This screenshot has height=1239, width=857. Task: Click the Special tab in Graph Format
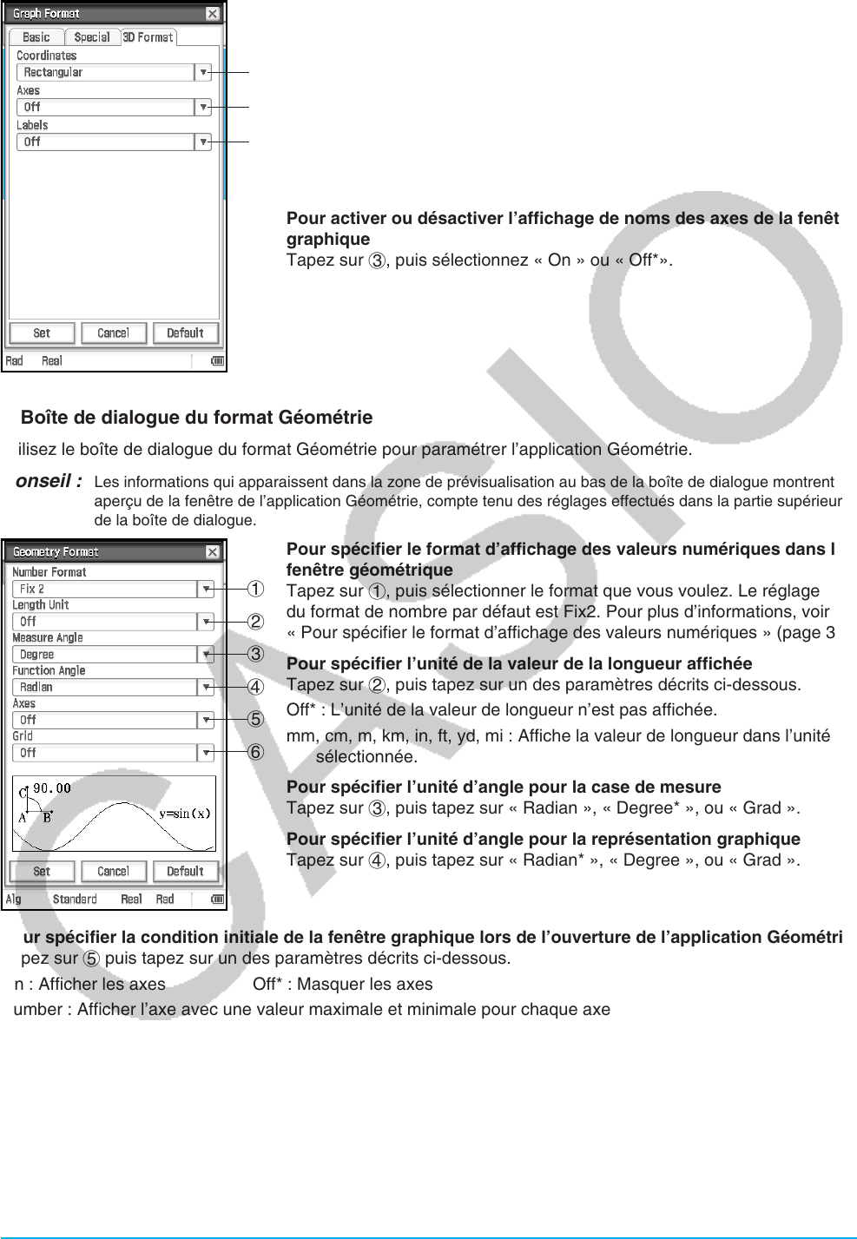[x=91, y=37]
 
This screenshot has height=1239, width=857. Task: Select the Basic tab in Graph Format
[x=36, y=37]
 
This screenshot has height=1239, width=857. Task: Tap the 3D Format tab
[x=148, y=37]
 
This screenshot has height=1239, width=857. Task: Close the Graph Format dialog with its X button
[x=212, y=14]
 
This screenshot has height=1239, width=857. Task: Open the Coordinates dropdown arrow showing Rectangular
[x=203, y=73]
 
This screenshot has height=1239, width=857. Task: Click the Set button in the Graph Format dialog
[x=42, y=333]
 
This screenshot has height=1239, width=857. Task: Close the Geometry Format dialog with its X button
[x=212, y=552]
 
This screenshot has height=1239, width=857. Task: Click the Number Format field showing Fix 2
[x=105, y=590]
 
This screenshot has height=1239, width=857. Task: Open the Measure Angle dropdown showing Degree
[x=206, y=655]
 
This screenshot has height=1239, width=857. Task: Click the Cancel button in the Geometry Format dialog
[x=113, y=872]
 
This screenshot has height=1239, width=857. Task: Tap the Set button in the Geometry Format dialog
[x=42, y=872]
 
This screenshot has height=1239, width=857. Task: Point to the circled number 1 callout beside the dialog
[x=255, y=590]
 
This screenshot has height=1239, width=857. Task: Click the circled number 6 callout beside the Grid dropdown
[x=255, y=753]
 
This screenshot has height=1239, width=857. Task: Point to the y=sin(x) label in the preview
[x=184, y=814]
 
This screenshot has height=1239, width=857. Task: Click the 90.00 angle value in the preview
[x=51, y=788]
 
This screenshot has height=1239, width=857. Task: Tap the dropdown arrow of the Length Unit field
[x=206, y=623]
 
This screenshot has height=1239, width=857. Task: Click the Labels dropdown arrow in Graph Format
[x=203, y=142]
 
